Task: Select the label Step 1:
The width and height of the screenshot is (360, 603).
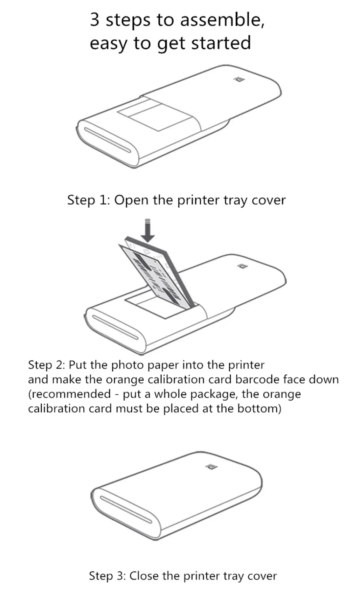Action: (x=89, y=200)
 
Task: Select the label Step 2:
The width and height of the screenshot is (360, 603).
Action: (x=46, y=365)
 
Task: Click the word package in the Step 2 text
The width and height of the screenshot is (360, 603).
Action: (x=214, y=394)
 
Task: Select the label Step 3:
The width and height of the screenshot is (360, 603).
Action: (x=107, y=576)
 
